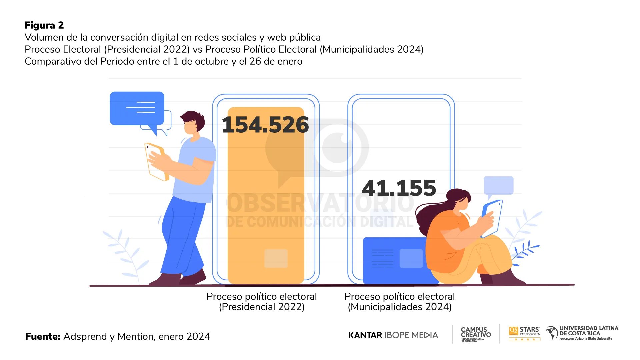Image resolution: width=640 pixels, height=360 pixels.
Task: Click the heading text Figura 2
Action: (x=44, y=25)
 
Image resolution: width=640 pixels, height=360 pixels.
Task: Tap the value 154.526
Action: (x=265, y=125)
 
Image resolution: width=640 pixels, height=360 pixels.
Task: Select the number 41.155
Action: (x=399, y=188)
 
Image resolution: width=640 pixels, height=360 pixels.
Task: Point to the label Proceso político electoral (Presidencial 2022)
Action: (x=262, y=301)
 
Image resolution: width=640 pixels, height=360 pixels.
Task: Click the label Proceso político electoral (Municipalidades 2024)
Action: (x=400, y=301)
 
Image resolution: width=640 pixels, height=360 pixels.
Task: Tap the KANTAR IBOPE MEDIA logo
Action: (x=393, y=335)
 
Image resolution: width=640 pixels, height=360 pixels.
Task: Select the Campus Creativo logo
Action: (x=476, y=334)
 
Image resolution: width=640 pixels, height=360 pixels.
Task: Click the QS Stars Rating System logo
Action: (x=524, y=334)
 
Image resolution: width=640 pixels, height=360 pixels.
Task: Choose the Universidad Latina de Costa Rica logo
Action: (x=582, y=333)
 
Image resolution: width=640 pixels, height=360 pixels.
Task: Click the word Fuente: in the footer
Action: (x=43, y=336)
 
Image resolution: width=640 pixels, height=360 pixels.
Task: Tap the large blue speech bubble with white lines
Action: (x=137, y=108)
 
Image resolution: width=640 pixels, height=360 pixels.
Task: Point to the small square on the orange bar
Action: (x=276, y=258)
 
